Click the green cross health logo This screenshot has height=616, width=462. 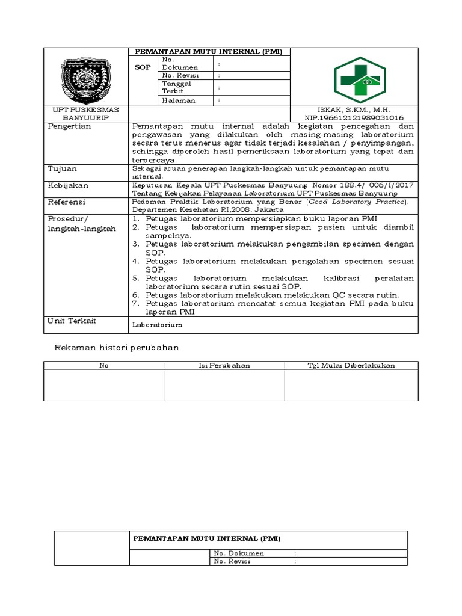(x=360, y=77)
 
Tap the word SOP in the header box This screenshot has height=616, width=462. (x=143, y=67)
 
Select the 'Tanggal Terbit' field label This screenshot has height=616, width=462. (x=173, y=88)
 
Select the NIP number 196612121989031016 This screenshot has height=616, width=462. (x=354, y=118)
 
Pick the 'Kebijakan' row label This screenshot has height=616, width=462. (x=68, y=186)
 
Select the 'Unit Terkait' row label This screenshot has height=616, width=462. (x=72, y=321)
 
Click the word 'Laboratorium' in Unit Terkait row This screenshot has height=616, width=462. (x=157, y=325)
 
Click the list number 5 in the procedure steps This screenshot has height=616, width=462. (x=136, y=279)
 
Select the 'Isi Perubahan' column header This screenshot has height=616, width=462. (x=224, y=365)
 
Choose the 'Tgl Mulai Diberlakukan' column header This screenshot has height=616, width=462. (x=351, y=365)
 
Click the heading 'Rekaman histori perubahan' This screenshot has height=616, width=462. (x=117, y=348)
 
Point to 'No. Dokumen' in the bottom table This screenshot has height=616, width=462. (x=239, y=553)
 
